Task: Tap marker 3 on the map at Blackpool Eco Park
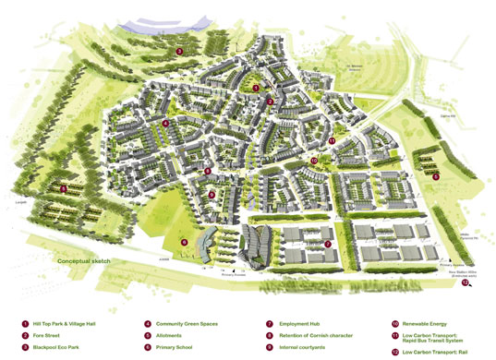(x=179, y=52)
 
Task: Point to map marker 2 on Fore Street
(x=269, y=102)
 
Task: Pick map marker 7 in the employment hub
(x=327, y=244)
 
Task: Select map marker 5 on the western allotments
(x=64, y=188)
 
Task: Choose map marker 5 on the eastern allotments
(x=435, y=175)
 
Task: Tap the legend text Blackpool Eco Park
(x=63, y=351)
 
